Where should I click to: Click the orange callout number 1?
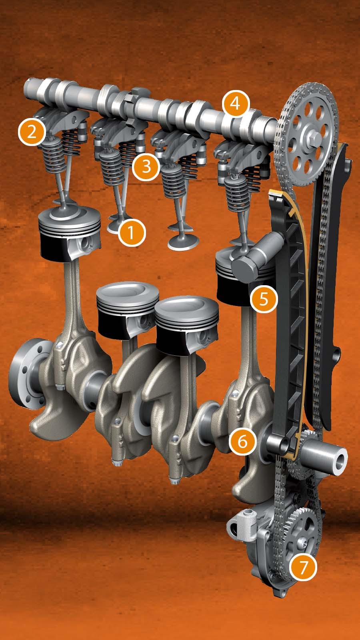[132, 232]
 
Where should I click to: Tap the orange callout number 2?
[32, 132]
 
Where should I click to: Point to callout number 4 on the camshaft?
[236, 104]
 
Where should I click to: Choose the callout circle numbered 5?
[264, 299]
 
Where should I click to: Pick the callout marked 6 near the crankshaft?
[243, 441]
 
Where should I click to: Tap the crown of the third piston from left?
[187, 308]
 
